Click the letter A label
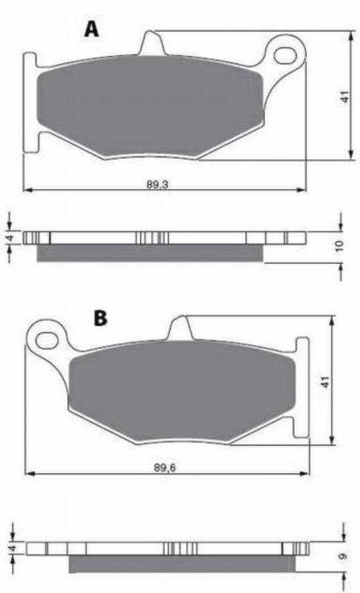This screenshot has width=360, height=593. coord(92,28)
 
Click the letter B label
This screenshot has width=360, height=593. coord(101,318)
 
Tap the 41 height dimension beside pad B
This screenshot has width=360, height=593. coord(326,382)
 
